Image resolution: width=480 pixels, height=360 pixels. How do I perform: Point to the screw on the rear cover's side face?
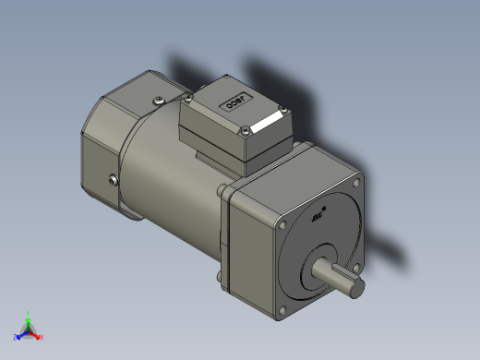(x=113, y=181)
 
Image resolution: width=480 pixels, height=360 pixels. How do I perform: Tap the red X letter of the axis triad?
(x=42, y=336)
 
